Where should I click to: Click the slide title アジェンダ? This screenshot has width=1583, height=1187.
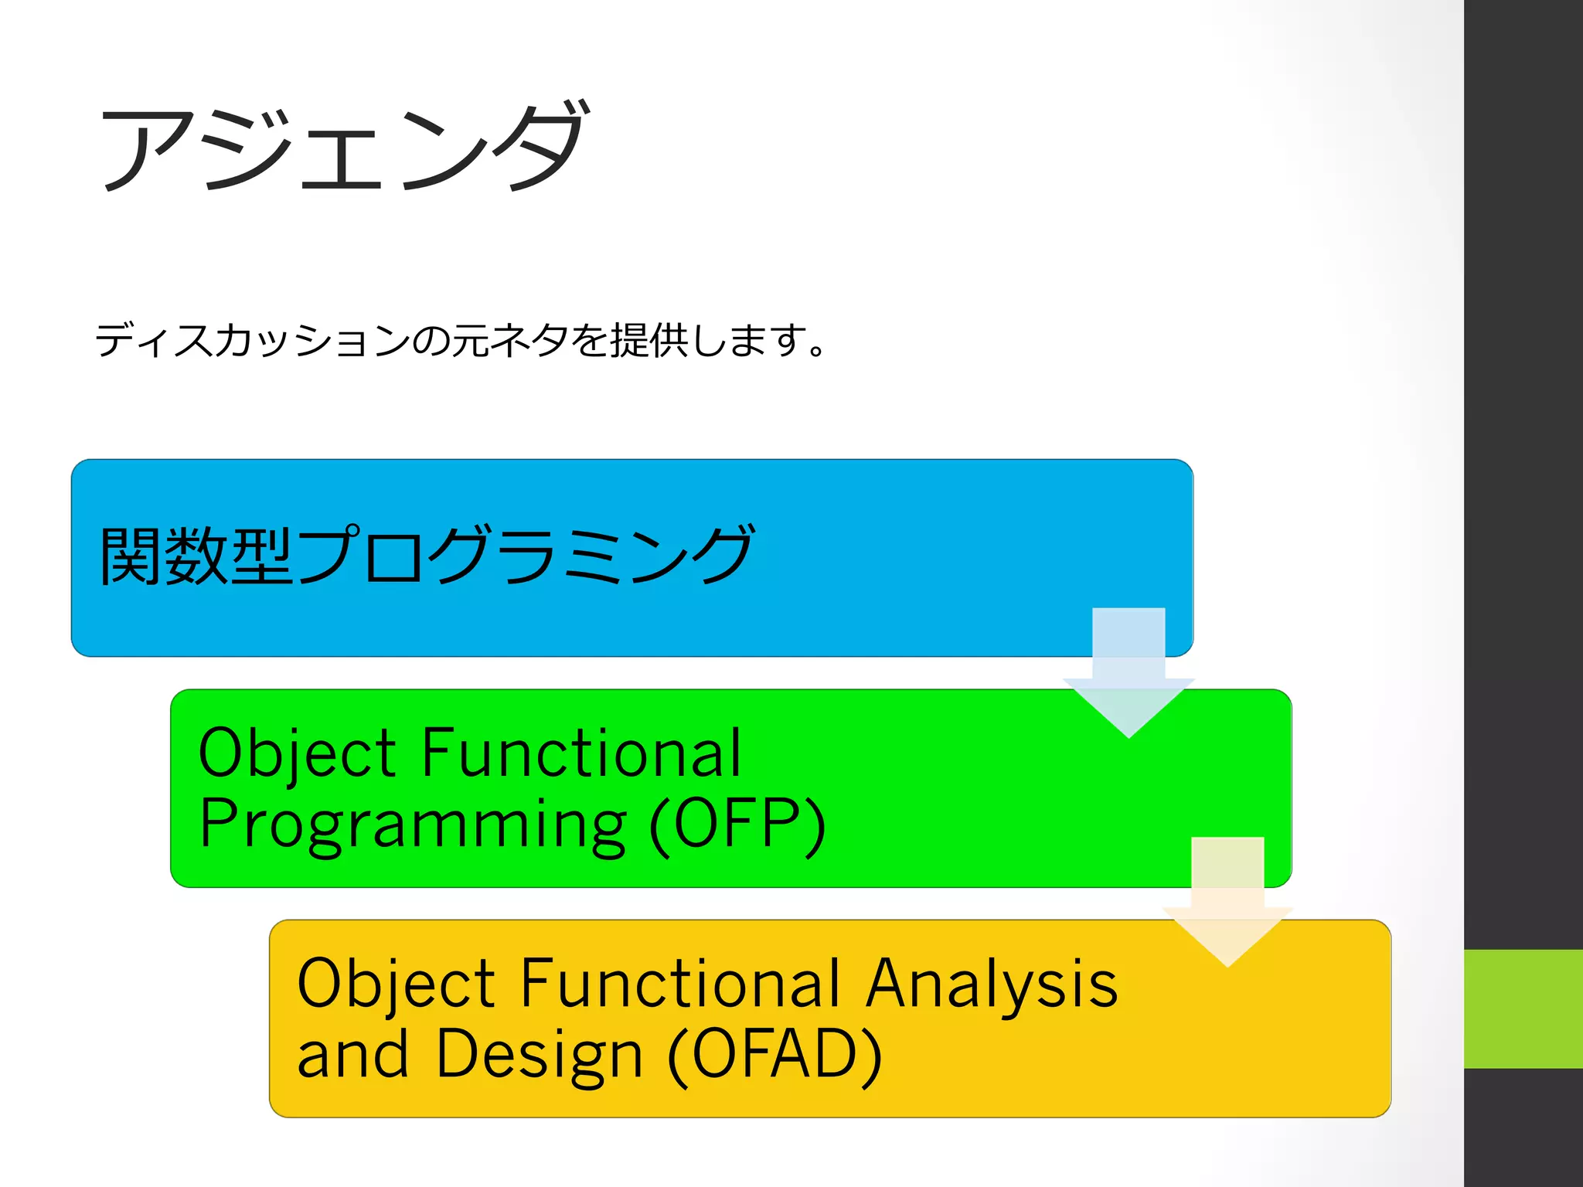344,147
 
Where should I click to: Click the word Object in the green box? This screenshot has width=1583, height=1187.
298,754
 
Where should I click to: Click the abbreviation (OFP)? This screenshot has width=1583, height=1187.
738,825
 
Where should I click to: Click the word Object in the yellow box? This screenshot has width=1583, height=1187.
396,985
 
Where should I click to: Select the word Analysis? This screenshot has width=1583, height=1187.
992,985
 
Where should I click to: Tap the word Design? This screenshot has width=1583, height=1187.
539,1056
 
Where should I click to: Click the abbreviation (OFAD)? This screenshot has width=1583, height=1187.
774,1055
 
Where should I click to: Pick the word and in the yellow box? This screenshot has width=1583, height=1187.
352,1055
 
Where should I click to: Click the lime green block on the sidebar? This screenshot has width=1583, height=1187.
1523,1008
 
